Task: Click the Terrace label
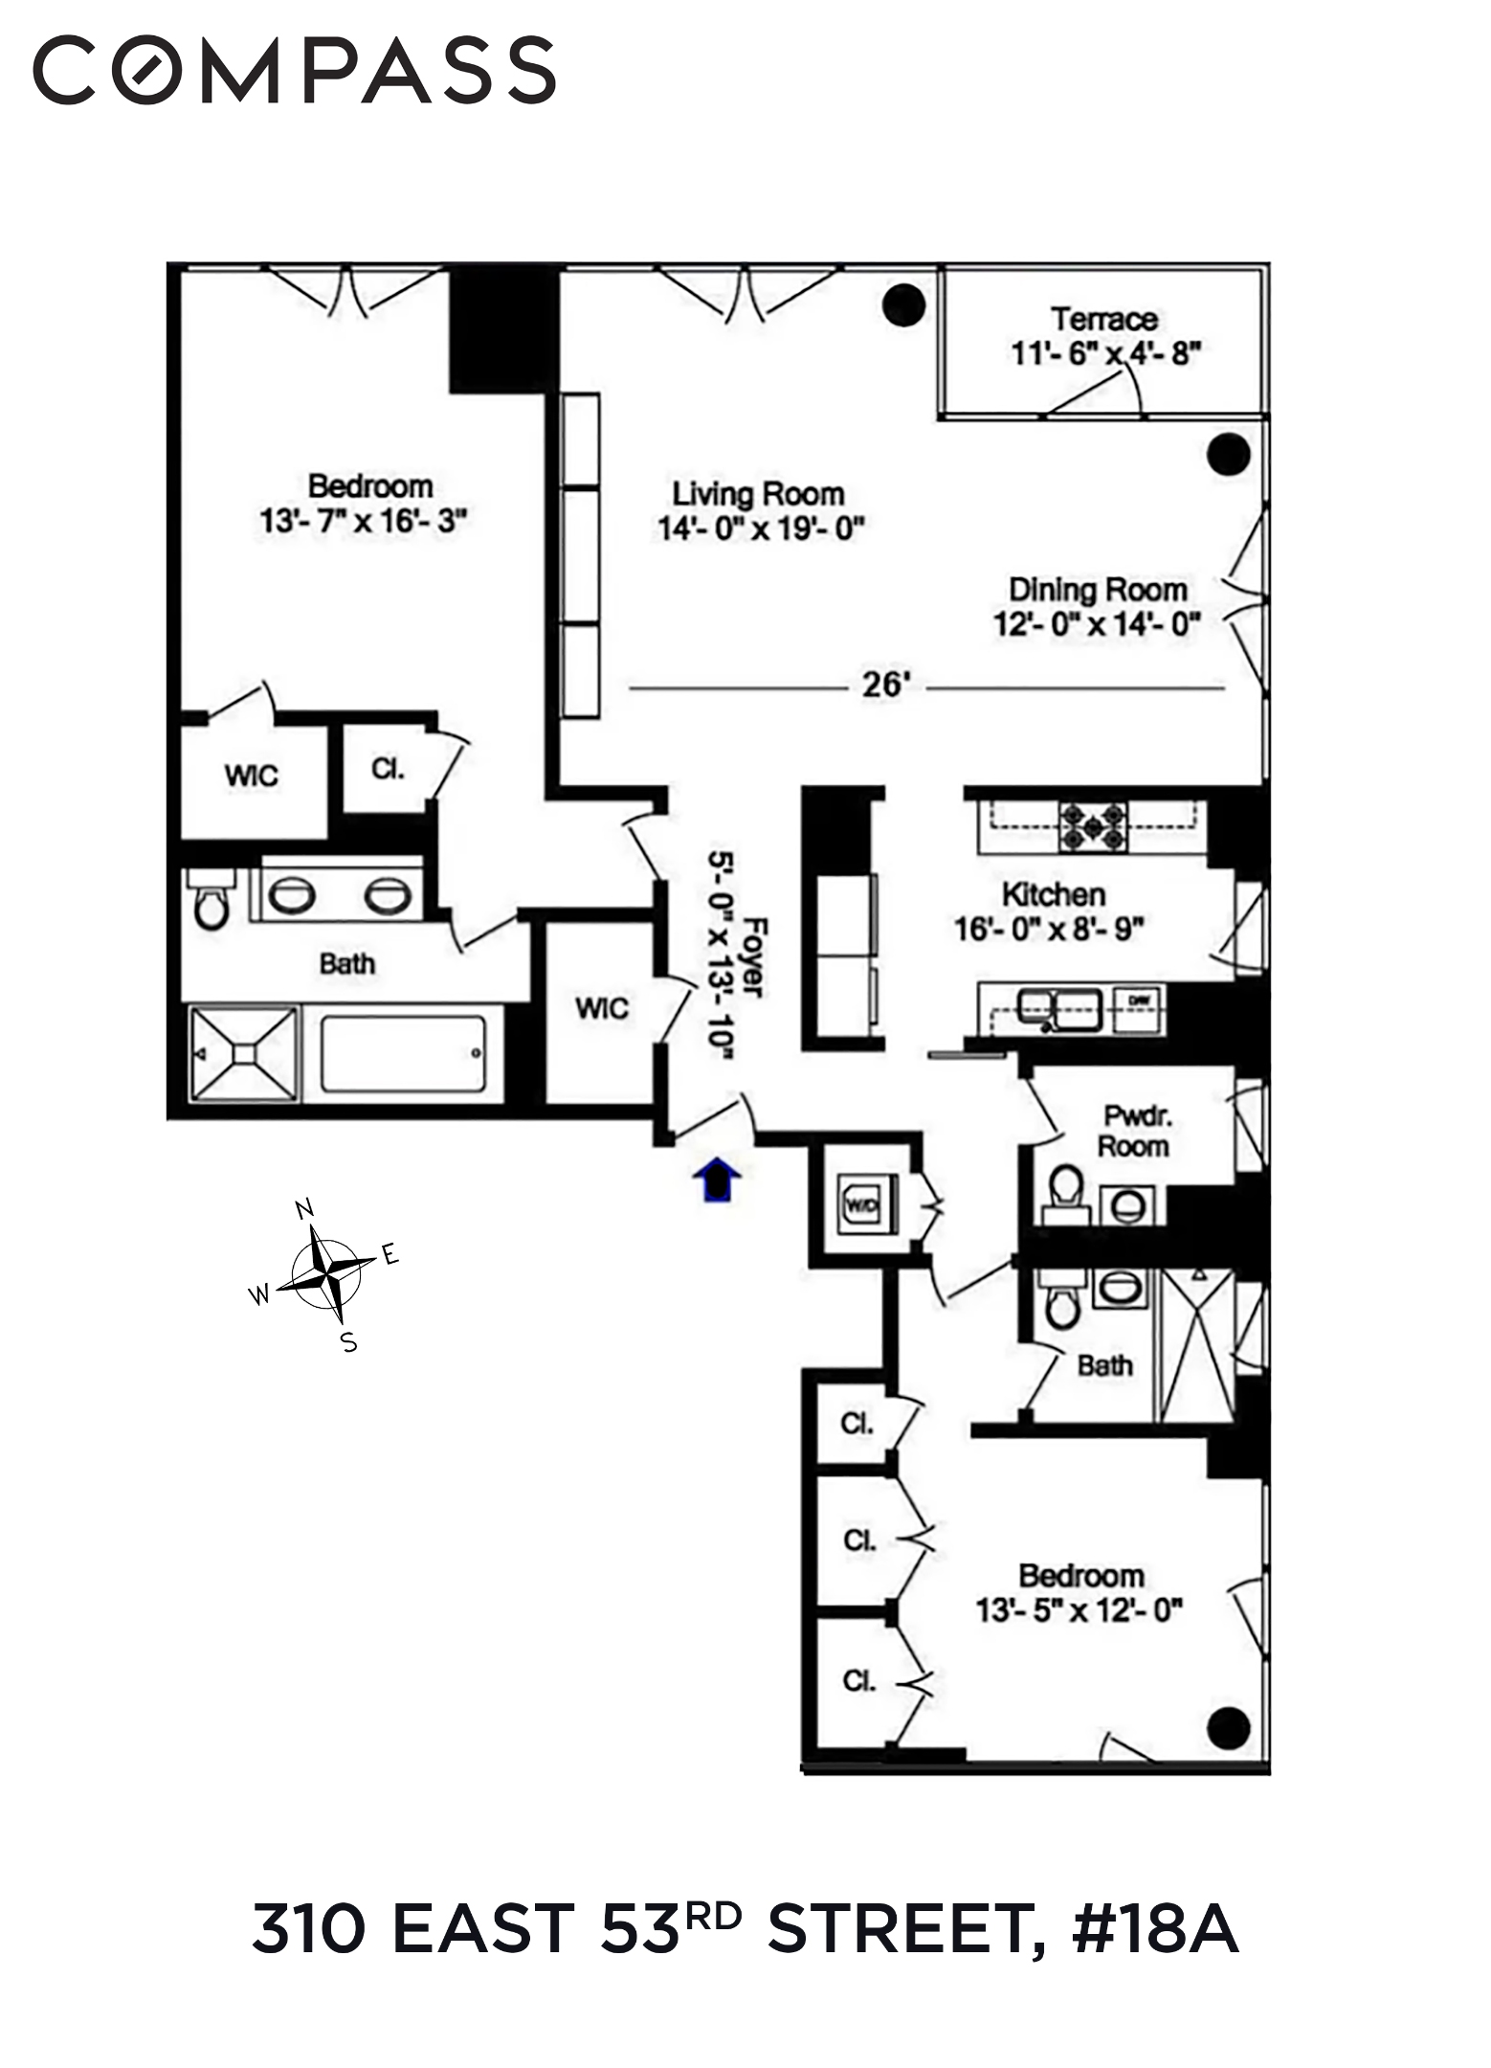coord(1103,319)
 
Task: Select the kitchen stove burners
coord(1092,826)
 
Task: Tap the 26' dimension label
coord(883,686)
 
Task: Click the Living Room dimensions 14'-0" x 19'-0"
coord(761,528)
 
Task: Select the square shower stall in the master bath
coord(244,1053)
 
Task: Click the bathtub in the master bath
coord(403,1053)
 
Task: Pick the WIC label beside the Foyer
coord(602,1008)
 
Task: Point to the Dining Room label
coord(1098,589)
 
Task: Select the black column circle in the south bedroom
coord(1228,1728)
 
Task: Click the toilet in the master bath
coord(211,902)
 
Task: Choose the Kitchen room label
coord(1053,894)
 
